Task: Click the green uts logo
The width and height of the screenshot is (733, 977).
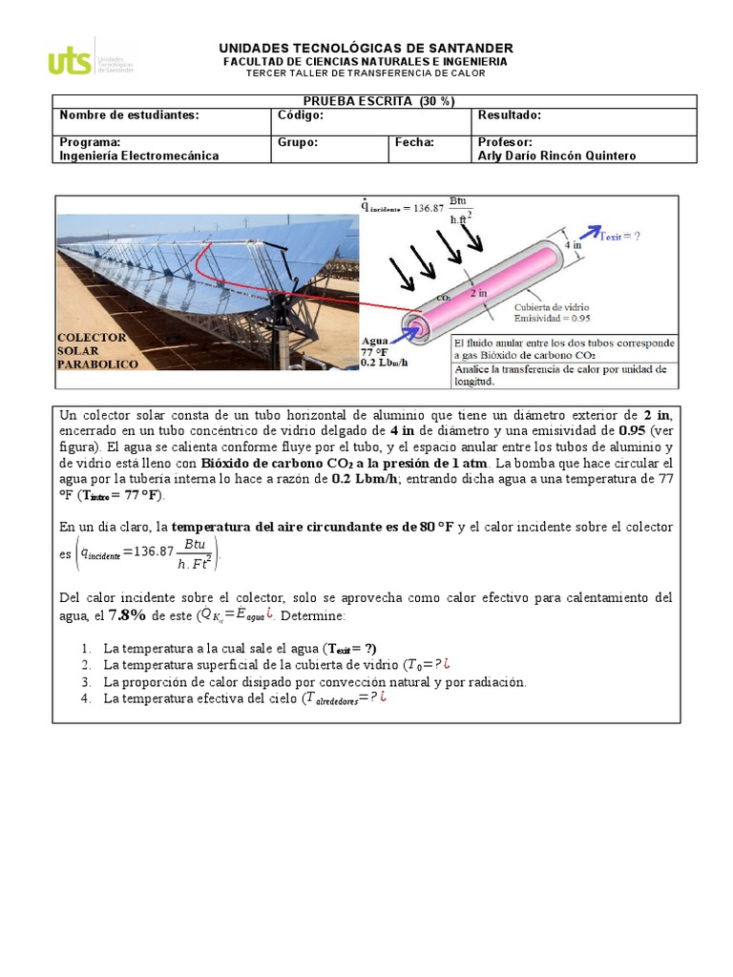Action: pyautogui.click(x=71, y=61)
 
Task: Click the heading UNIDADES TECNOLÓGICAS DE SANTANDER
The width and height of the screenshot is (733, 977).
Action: pyautogui.click(x=366, y=48)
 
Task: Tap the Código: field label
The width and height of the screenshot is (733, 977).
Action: pyautogui.click(x=301, y=115)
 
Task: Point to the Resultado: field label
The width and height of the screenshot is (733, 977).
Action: pyautogui.click(x=510, y=115)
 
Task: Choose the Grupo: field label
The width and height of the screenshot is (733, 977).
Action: pyautogui.click(x=298, y=142)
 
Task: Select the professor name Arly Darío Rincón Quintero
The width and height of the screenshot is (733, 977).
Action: pyautogui.click(x=556, y=156)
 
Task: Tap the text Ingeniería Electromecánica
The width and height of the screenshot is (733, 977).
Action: pyautogui.click(x=139, y=156)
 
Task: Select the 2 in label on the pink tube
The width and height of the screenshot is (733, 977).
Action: pyautogui.click(x=479, y=294)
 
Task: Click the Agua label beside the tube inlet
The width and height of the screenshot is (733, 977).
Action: pyautogui.click(x=375, y=341)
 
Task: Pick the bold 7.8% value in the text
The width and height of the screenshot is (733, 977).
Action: pyautogui.click(x=127, y=615)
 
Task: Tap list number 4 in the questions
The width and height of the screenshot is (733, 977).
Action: pyautogui.click(x=86, y=698)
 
